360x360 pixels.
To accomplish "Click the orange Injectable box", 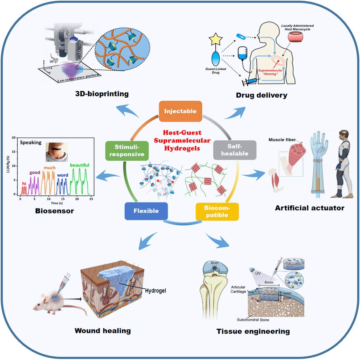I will tap(180, 111).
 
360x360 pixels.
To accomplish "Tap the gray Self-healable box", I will tap(235, 149).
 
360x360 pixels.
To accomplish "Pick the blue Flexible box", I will tap(146, 211).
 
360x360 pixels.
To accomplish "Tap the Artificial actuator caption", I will tap(309, 208).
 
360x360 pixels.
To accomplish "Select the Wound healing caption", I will tap(103, 330).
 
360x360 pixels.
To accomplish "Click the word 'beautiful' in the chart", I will tap(79, 165).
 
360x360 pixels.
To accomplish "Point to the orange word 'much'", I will tap(49, 168).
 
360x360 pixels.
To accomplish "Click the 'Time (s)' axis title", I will tap(54, 203).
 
